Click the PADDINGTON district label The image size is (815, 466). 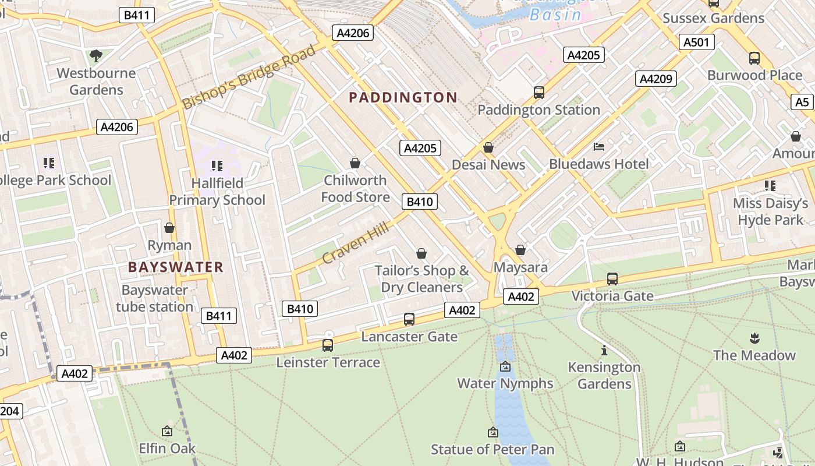(x=403, y=97)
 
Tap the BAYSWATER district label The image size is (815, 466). (x=176, y=267)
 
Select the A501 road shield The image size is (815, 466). (x=696, y=42)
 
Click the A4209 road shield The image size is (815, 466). (x=656, y=79)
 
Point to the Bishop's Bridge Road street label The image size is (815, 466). (x=249, y=77)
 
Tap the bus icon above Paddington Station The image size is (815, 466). (x=538, y=92)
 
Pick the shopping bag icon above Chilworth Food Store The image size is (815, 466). (x=355, y=163)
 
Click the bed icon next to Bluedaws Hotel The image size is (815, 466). (x=599, y=147)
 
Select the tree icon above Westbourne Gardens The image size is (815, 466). (x=96, y=56)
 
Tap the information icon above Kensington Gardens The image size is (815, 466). (x=604, y=351)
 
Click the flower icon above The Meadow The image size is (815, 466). (x=754, y=338)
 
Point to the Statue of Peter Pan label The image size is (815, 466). (x=492, y=450)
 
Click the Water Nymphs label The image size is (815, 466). (x=505, y=383)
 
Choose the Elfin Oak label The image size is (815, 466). (x=167, y=449)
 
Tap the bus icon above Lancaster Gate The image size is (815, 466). (x=409, y=319)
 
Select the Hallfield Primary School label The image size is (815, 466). (x=217, y=192)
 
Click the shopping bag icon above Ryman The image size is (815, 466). (x=169, y=228)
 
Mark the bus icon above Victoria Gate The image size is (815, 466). (x=612, y=279)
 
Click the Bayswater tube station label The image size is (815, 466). (x=154, y=298)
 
